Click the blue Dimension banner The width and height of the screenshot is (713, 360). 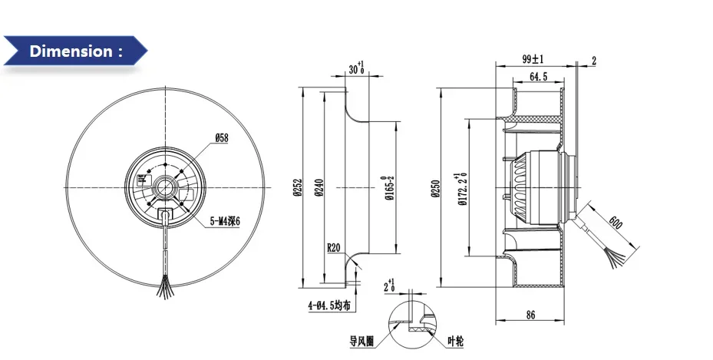74,51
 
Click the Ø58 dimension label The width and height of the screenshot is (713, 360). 222,137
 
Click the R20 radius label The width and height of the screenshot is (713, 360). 334,248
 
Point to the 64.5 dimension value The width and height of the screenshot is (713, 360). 538,77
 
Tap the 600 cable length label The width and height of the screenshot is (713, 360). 615,224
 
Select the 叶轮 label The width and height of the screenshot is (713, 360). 457,339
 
